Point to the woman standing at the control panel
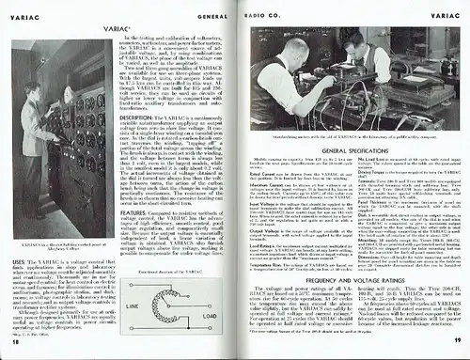pos(29,122)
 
